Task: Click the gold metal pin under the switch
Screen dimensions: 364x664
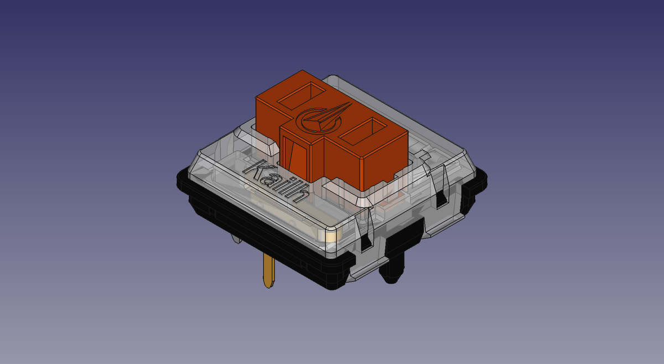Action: (268, 271)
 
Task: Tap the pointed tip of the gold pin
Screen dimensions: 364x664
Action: (268, 285)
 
